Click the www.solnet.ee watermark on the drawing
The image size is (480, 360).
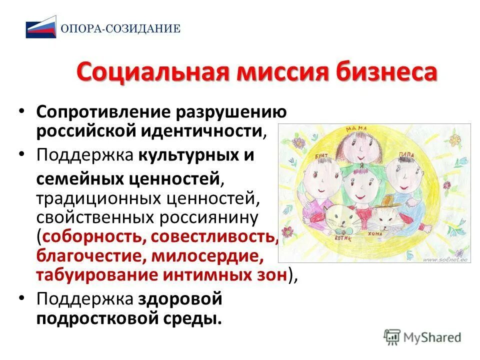(x=445, y=259)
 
